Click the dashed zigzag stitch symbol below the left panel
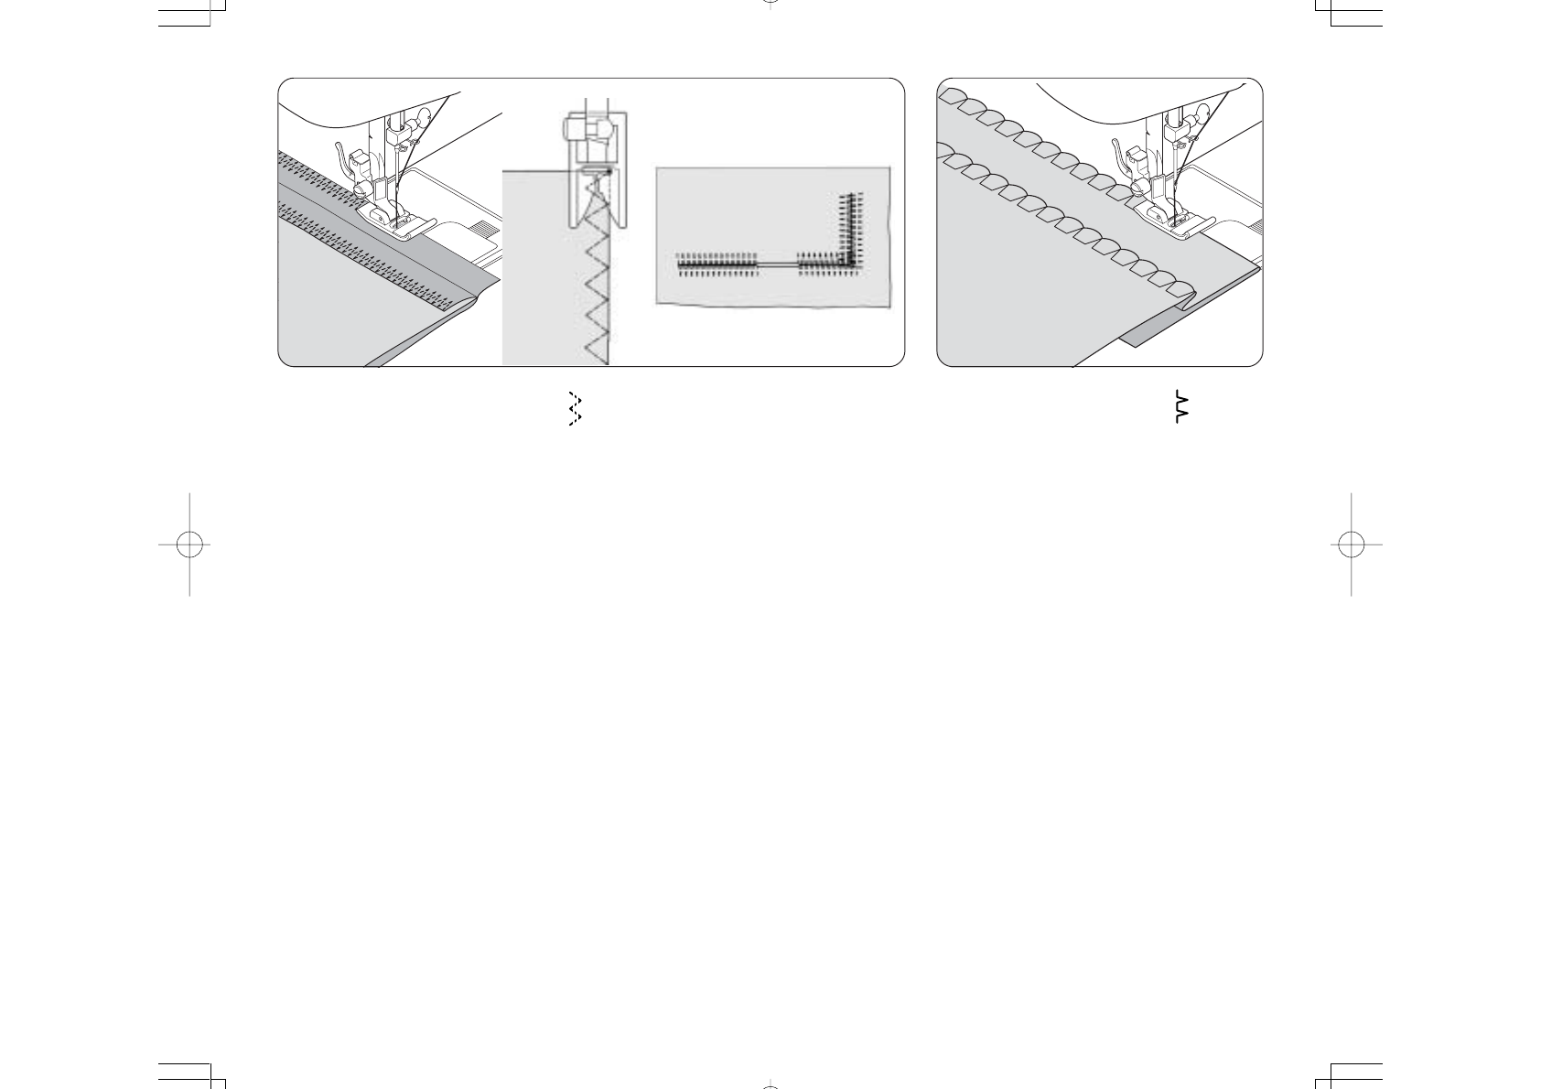575,409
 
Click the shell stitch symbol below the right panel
1180,406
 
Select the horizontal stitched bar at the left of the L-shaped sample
717,264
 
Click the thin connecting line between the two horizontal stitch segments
778,264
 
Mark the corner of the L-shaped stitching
851,264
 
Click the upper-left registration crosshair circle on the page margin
189,544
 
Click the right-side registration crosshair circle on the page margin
1351,544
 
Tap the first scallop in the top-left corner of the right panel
953,95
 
